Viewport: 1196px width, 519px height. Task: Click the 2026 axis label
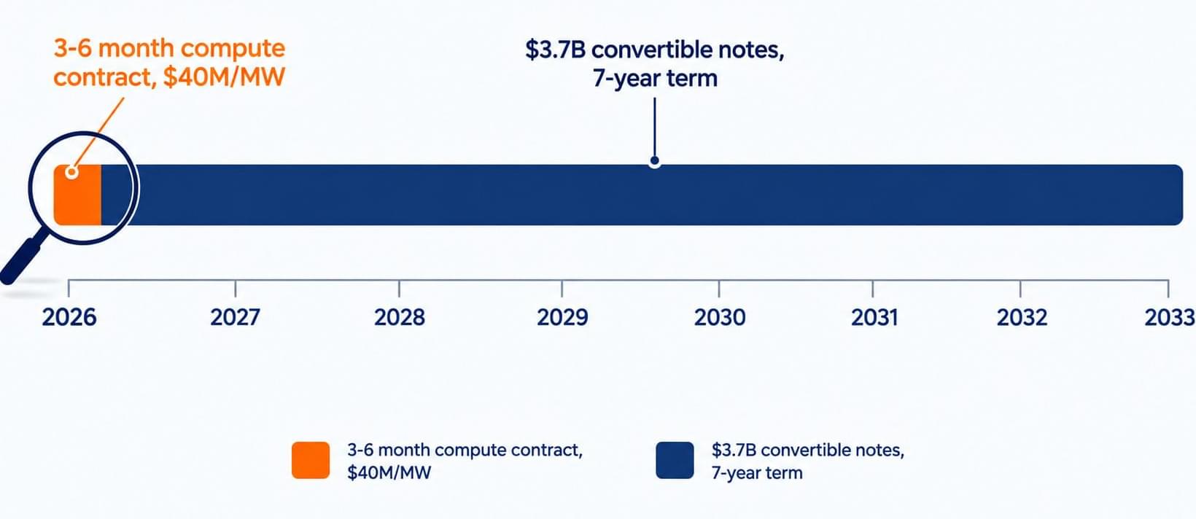click(69, 317)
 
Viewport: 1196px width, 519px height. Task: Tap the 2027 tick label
click(235, 317)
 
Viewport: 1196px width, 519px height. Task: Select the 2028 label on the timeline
click(400, 317)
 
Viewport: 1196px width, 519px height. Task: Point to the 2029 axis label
click(562, 317)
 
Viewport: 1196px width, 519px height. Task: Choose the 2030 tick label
click(720, 317)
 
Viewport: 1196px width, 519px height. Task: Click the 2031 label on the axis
click(874, 317)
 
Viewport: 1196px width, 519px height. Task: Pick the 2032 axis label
click(1022, 317)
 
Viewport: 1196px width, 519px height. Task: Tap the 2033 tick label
click(1170, 317)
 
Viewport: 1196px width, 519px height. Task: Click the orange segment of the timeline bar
click(77, 195)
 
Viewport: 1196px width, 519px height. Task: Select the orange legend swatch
click(311, 460)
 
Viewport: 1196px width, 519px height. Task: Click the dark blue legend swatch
click(675, 460)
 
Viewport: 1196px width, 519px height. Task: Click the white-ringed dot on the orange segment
click(72, 173)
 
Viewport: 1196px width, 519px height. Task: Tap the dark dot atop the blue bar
click(655, 160)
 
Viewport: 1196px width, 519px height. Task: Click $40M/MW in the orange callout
click(224, 77)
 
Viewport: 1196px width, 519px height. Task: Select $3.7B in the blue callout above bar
click(555, 50)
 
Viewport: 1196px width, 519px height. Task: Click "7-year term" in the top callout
click(655, 79)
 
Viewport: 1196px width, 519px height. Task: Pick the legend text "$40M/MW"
click(389, 472)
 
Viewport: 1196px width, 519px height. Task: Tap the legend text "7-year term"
click(756, 473)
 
